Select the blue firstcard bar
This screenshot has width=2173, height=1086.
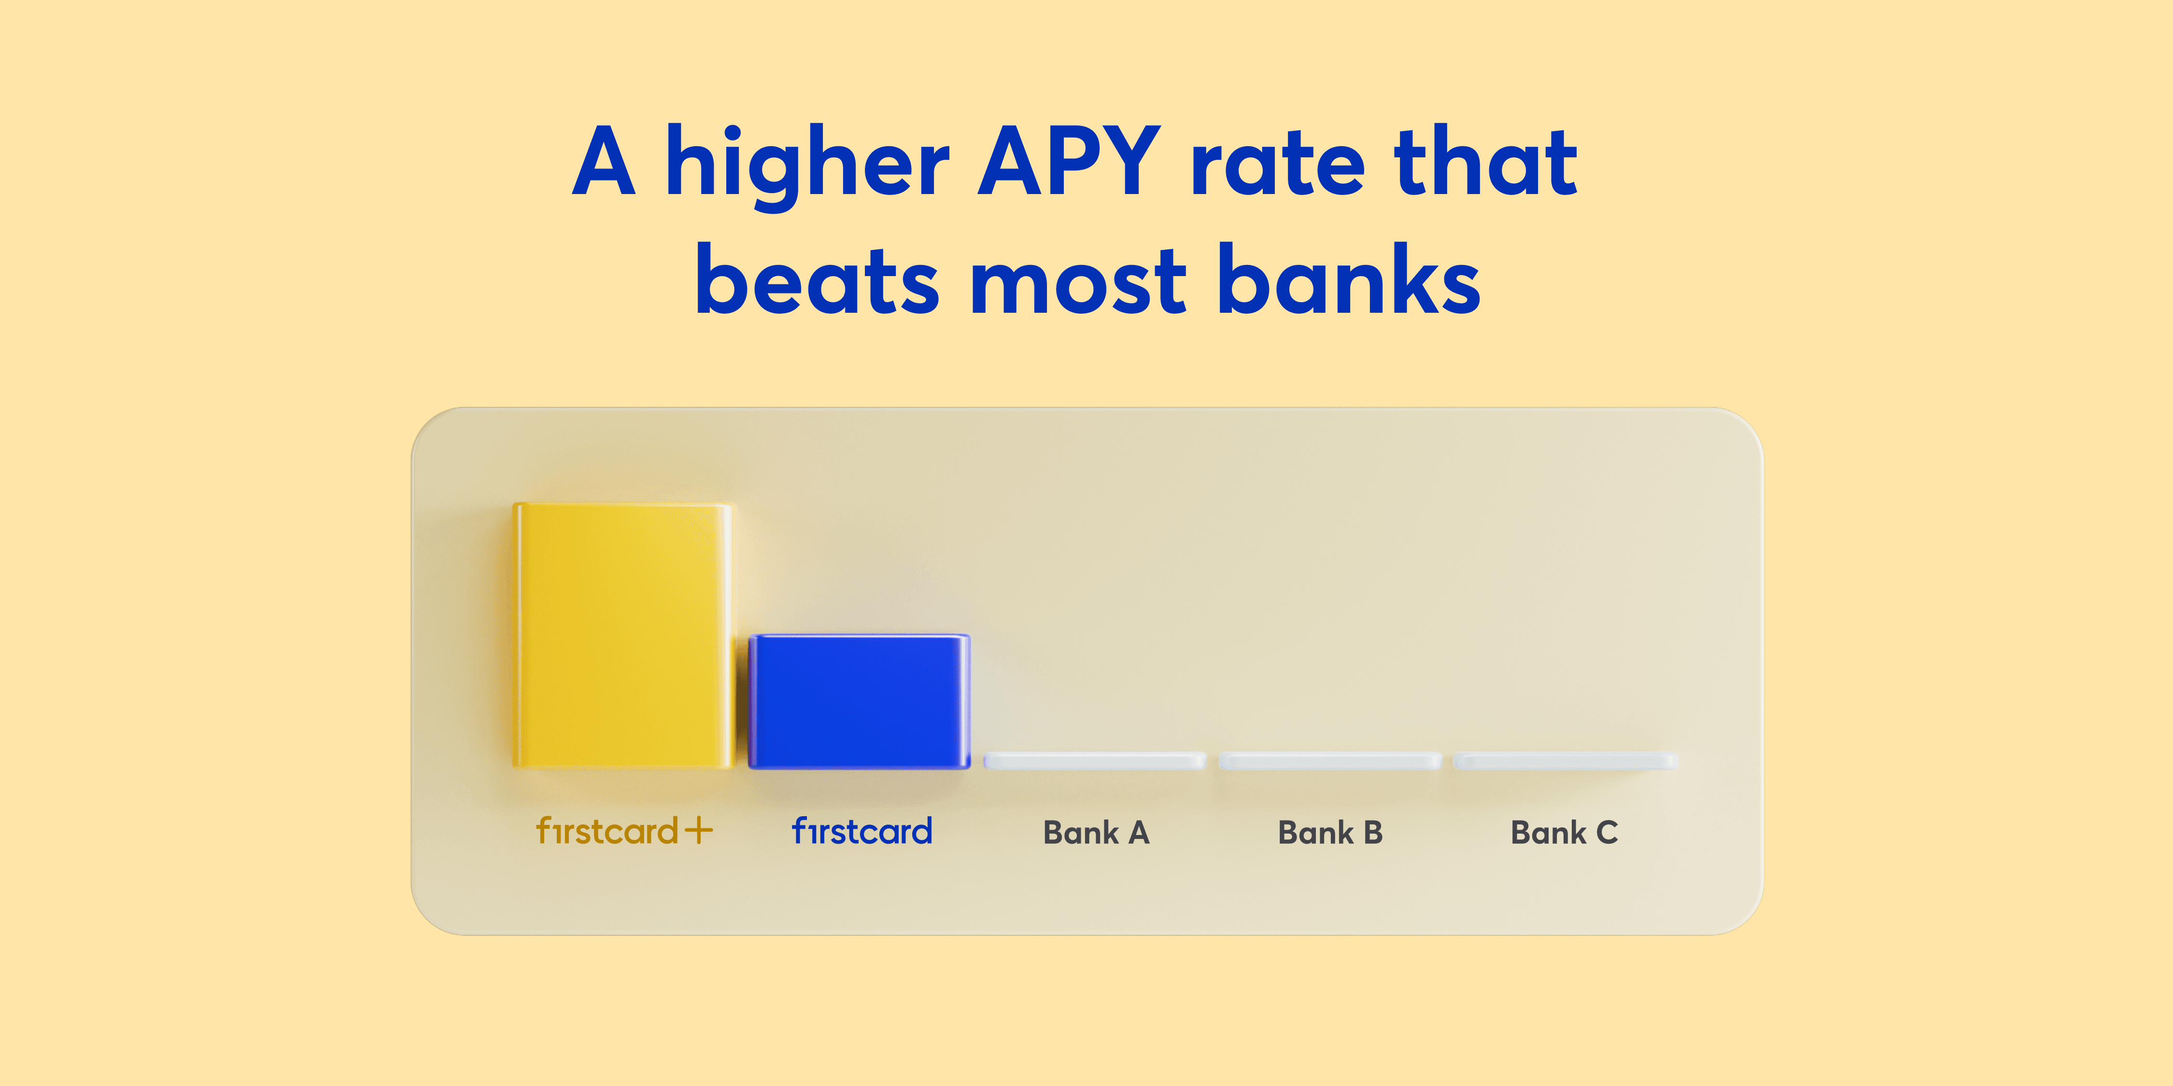859,701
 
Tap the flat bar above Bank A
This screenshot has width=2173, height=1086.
1095,761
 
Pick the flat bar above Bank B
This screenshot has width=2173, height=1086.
1329,761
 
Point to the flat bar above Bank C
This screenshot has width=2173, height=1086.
1565,761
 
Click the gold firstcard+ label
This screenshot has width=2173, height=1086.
624,831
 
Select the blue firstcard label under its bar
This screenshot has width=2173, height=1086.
862,831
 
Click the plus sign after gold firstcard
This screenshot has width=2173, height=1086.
698,831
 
